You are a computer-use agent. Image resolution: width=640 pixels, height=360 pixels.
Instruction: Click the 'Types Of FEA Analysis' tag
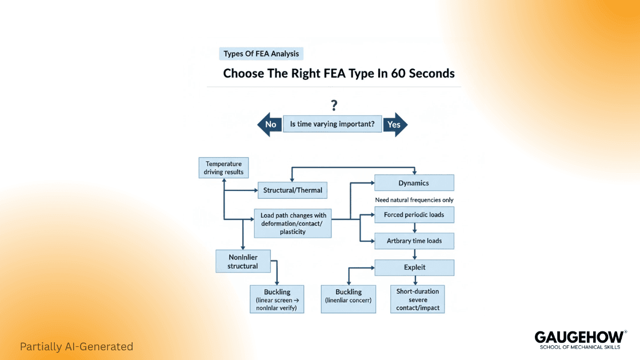[x=261, y=54]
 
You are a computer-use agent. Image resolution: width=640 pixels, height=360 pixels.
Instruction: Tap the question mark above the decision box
[x=334, y=105]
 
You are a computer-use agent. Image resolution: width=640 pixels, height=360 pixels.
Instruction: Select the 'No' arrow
[x=269, y=124]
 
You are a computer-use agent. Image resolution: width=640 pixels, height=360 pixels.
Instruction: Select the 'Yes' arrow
[x=395, y=124]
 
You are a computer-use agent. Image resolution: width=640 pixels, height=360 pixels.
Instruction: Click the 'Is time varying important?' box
[x=332, y=124]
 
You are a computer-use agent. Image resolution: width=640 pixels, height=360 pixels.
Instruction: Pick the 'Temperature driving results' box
[x=223, y=168]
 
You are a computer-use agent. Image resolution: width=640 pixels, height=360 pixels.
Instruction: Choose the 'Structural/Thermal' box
[x=293, y=190]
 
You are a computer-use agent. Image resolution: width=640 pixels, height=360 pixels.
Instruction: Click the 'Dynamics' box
[x=414, y=183]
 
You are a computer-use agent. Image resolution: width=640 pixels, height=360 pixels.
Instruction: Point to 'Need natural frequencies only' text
[x=414, y=200]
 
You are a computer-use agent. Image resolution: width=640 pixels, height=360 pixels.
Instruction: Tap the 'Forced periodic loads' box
[x=414, y=215]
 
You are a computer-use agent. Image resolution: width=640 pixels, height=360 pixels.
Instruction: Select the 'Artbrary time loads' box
[x=414, y=241]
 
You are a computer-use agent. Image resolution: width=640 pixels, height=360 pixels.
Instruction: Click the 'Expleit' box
[x=414, y=267]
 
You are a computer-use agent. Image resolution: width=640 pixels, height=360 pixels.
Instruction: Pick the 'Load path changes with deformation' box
[x=293, y=223]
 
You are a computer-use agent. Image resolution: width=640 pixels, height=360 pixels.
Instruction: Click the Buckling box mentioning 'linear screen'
[x=277, y=299]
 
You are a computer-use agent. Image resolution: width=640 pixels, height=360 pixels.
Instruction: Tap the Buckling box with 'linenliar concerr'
[x=349, y=299]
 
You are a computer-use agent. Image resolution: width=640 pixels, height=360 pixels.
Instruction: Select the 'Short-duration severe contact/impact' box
[x=417, y=299]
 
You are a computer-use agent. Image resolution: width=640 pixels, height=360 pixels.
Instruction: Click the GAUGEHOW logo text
[x=579, y=337]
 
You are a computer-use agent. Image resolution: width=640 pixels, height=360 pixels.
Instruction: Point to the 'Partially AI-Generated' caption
[x=76, y=346]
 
